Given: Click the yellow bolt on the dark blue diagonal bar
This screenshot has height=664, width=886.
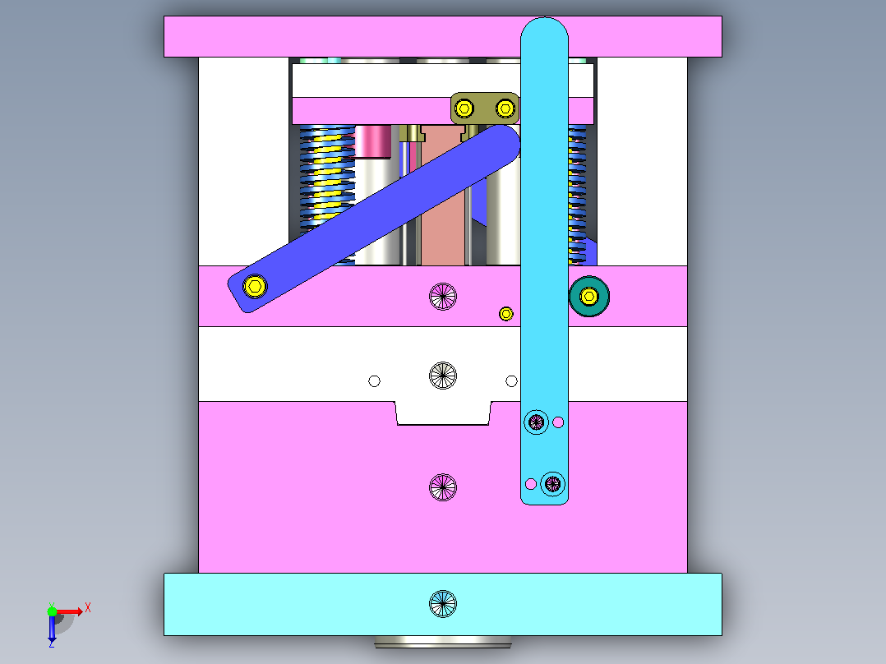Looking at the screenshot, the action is click(255, 286).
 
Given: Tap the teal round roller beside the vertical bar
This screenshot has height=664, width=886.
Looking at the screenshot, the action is click(589, 296).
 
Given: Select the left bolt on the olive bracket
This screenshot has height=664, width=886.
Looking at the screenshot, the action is click(464, 108).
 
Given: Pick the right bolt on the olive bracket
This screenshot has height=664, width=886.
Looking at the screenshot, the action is click(505, 108).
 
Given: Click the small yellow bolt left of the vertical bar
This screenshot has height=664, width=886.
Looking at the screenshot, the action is click(506, 314).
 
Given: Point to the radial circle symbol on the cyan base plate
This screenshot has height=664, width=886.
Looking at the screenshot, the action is click(443, 603).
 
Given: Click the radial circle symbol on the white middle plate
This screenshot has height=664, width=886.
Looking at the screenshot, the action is click(443, 376).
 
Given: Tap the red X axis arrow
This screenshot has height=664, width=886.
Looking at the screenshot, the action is click(70, 611).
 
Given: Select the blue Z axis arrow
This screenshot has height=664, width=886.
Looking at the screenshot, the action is click(52, 629).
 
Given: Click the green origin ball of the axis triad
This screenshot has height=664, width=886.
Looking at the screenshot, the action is click(52, 611).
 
